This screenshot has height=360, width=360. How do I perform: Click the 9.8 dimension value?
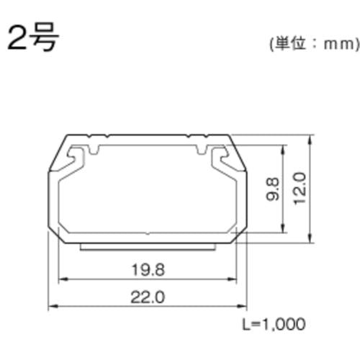(x=267, y=191)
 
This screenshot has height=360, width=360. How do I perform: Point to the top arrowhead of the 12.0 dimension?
(x=310, y=138)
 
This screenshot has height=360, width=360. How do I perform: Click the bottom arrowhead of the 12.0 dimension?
(x=310, y=243)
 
